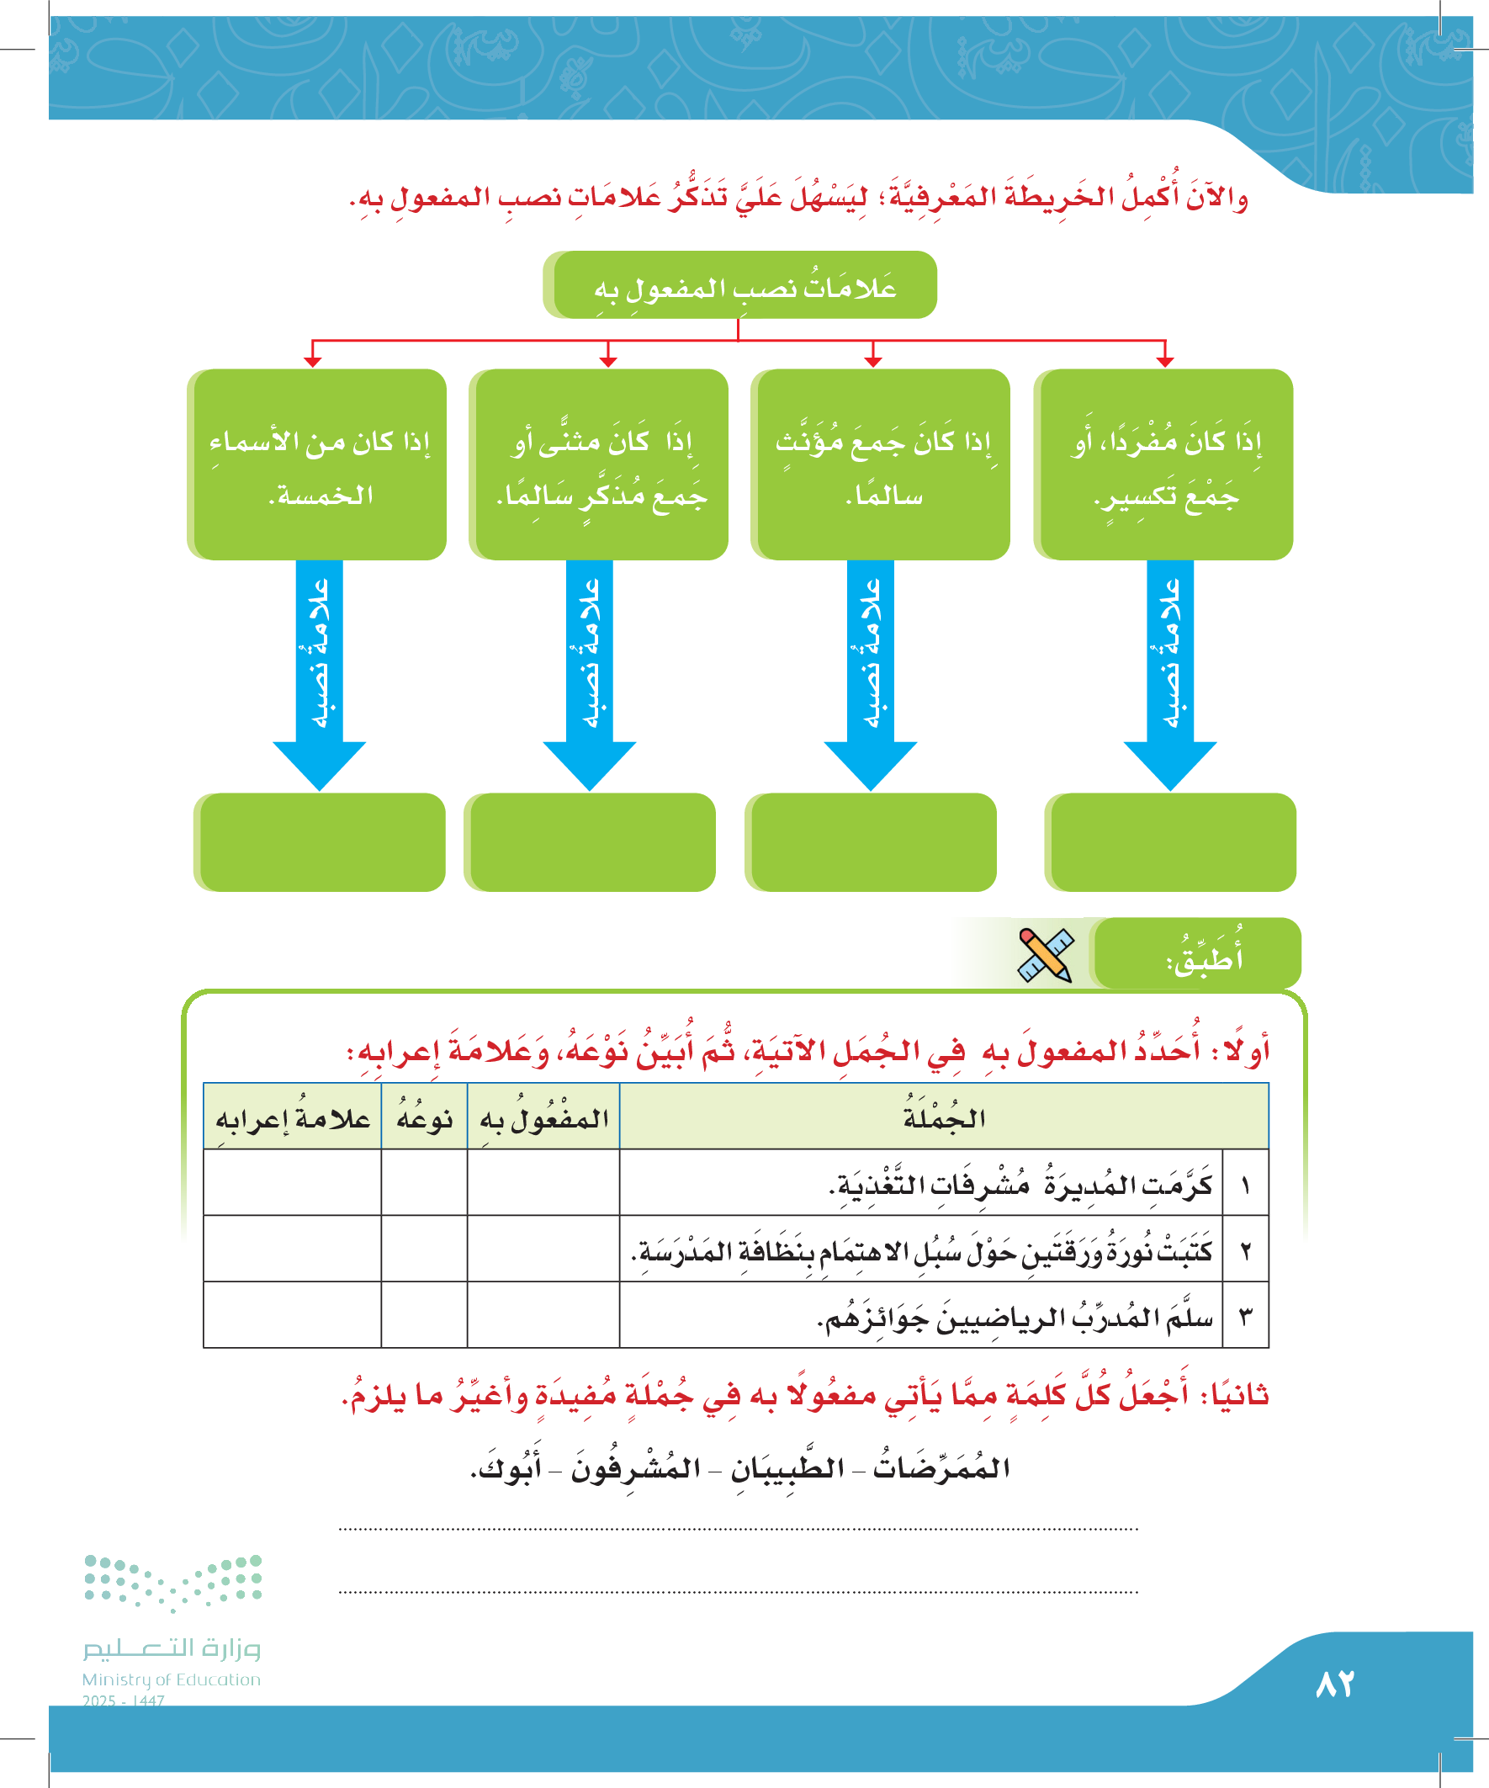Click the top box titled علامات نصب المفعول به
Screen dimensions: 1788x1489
740,285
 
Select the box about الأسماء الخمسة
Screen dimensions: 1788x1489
317,464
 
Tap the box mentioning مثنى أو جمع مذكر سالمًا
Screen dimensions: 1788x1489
600,464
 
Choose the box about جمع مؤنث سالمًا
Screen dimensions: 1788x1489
882,464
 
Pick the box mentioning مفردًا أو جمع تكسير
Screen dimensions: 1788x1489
1164,464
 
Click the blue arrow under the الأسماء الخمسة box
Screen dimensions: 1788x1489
320,672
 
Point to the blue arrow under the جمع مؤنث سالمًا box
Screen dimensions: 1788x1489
870,672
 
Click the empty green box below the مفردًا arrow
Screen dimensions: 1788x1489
1172,842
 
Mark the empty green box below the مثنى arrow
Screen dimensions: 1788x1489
591,842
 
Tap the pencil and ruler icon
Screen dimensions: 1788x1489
1046,954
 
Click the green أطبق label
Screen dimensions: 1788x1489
1199,954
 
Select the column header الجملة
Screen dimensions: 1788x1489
943,1117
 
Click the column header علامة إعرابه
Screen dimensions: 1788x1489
292,1117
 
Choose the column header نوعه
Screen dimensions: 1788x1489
424,1117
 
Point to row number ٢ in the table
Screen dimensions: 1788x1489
1245,1249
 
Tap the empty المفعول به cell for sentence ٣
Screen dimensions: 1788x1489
543,1314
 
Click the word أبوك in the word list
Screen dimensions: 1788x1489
507,1468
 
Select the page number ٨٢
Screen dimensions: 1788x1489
1334,1684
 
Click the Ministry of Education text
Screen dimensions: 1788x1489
171,1679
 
